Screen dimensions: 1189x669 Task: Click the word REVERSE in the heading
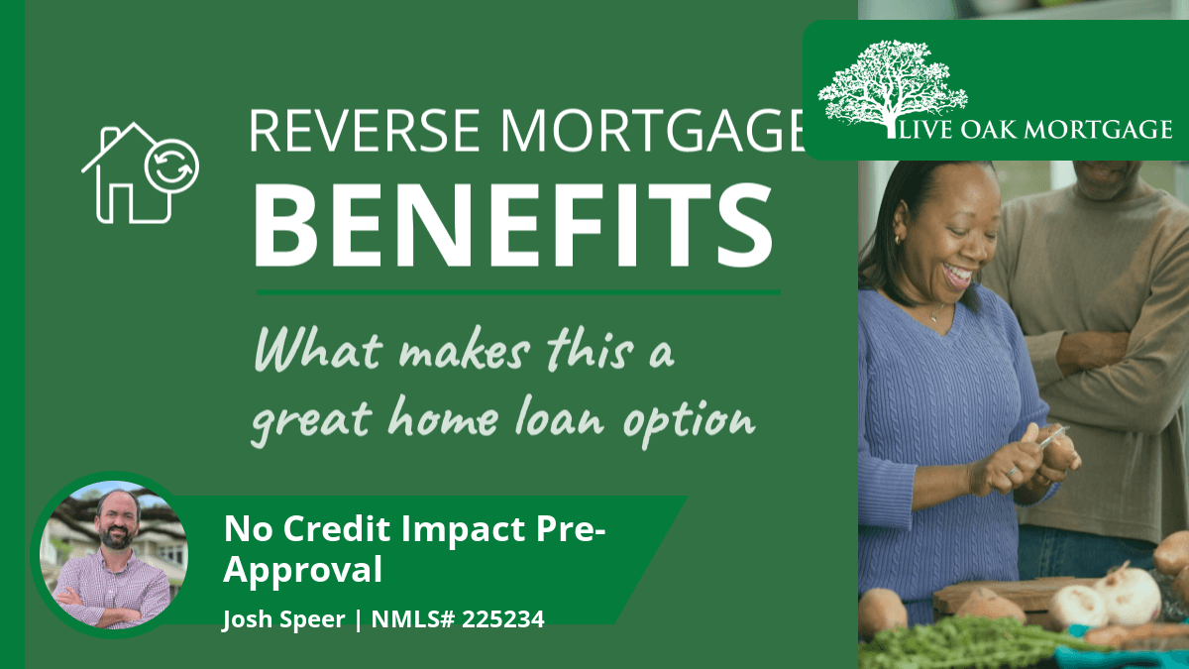[x=365, y=130]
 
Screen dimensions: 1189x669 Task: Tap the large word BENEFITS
[x=513, y=225]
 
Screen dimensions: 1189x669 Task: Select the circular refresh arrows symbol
[x=171, y=167]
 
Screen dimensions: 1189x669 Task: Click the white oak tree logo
[x=893, y=87]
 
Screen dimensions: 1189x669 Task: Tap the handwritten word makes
[x=465, y=352]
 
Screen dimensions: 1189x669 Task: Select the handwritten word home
[x=443, y=417]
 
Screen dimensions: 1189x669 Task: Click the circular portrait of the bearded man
[x=114, y=555]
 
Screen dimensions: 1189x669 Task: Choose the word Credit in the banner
[x=338, y=529]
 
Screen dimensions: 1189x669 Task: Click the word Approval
[x=302, y=571]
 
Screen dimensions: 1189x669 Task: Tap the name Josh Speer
[x=284, y=619]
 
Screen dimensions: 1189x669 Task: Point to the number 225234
[x=502, y=619]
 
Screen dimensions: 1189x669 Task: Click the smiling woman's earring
[x=898, y=240]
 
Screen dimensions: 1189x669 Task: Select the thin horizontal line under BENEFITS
[x=518, y=292]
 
